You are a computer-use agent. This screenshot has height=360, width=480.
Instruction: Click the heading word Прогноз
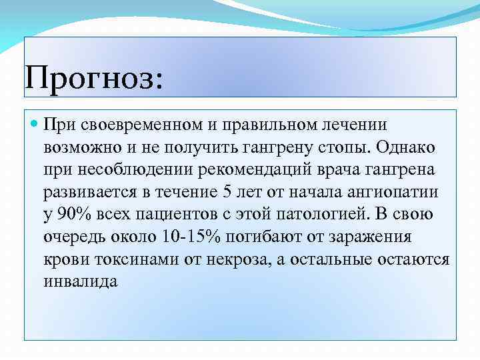92,79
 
